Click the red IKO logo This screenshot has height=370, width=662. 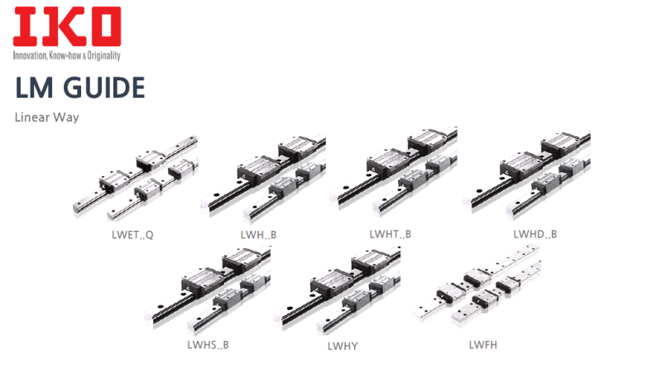(67, 26)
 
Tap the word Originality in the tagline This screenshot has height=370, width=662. (104, 55)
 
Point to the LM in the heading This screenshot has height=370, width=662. (34, 88)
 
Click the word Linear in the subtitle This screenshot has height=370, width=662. (32, 117)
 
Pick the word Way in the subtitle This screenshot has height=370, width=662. (66, 118)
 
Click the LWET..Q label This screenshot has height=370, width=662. (132, 235)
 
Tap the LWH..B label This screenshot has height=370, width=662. (258, 234)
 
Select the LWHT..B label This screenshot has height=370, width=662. (390, 234)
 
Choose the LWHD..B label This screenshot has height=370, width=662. (535, 234)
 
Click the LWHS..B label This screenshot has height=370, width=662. (209, 344)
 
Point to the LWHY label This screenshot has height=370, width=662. (343, 346)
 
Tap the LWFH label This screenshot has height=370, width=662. (483, 344)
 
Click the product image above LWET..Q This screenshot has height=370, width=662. (135, 178)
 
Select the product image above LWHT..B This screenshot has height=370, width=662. (394, 173)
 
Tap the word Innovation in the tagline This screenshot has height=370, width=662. (30, 55)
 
